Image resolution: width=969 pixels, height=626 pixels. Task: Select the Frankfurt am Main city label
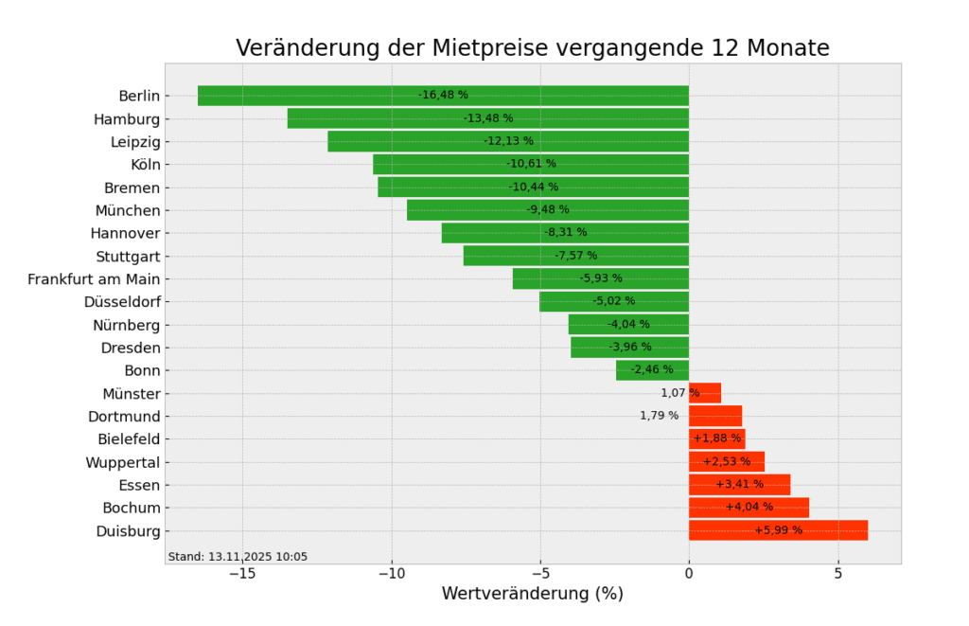coord(94,279)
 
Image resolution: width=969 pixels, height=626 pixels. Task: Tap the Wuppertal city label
coord(122,462)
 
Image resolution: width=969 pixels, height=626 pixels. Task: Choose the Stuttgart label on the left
coord(128,257)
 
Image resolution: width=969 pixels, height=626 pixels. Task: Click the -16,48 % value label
coord(443,95)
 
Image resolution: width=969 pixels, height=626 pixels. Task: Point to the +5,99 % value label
coord(778,530)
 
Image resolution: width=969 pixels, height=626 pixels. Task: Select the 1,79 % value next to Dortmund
coord(659,416)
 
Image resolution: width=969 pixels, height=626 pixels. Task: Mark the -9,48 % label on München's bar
coord(548,210)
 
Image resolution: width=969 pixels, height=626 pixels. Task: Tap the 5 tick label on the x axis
coord(837,574)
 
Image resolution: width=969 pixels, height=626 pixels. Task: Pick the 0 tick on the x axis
coord(689,574)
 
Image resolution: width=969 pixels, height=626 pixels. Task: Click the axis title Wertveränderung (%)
coord(532,595)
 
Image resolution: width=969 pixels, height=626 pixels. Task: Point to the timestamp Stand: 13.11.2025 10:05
coord(238,557)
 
